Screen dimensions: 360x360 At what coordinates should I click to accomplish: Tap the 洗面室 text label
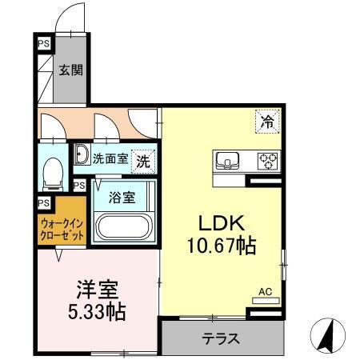(x=110, y=158)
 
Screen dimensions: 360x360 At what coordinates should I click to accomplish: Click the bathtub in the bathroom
(x=124, y=226)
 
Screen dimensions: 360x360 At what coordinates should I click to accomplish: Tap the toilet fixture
(x=54, y=173)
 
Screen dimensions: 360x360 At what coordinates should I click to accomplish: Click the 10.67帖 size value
(x=222, y=246)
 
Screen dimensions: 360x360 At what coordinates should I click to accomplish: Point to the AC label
(x=265, y=293)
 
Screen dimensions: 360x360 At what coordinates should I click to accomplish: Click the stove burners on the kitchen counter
(x=266, y=160)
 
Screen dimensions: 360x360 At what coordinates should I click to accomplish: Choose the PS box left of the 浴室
(x=79, y=185)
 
